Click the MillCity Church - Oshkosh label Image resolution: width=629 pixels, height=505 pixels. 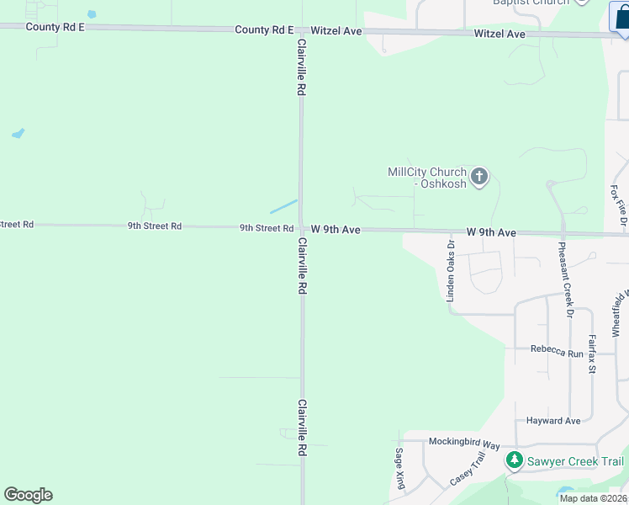coord(426,178)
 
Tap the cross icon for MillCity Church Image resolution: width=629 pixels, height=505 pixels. coord(479,177)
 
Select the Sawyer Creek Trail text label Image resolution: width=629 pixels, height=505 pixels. coord(575,461)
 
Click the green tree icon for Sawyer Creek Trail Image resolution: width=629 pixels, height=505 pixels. coord(513,461)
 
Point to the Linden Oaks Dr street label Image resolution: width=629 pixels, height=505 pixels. coord(451,271)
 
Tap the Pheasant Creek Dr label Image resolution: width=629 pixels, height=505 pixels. coord(565,279)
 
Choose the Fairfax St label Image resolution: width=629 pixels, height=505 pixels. coord(592,353)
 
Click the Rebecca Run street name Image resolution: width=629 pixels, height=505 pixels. coord(556,353)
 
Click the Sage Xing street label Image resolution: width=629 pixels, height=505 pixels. coord(399,468)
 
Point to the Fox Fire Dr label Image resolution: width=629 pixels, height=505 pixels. coord(621,205)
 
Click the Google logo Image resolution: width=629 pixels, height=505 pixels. coord(28,495)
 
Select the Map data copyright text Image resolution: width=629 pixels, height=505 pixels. coord(594,498)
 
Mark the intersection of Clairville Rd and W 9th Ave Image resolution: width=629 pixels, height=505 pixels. coord(301,228)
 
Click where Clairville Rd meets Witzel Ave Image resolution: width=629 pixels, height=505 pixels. coord(300,30)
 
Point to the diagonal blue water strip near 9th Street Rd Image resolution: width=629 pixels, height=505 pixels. coord(283,206)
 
